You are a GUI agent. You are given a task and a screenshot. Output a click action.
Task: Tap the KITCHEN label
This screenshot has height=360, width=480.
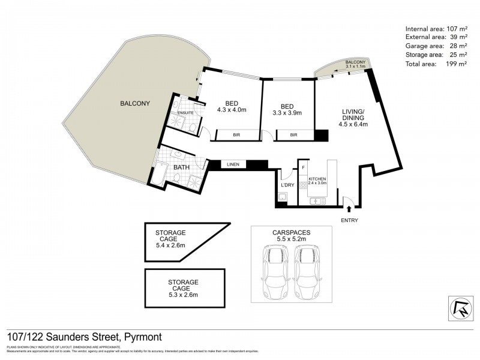[x=317, y=179]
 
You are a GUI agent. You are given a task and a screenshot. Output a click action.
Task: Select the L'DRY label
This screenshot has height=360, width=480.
[x=288, y=185]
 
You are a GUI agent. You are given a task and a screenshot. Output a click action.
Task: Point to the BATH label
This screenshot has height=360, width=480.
[x=182, y=168]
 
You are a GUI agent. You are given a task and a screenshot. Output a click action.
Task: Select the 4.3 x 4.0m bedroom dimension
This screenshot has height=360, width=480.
[x=232, y=110]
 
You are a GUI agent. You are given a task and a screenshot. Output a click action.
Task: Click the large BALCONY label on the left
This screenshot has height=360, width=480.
[x=134, y=103]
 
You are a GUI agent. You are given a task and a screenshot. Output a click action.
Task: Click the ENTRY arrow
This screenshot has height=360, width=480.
[x=349, y=209]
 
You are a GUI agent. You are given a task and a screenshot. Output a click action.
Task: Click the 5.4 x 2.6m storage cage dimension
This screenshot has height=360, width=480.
[x=170, y=245]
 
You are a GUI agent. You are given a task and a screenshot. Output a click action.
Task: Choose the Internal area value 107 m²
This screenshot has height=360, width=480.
[x=455, y=28]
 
